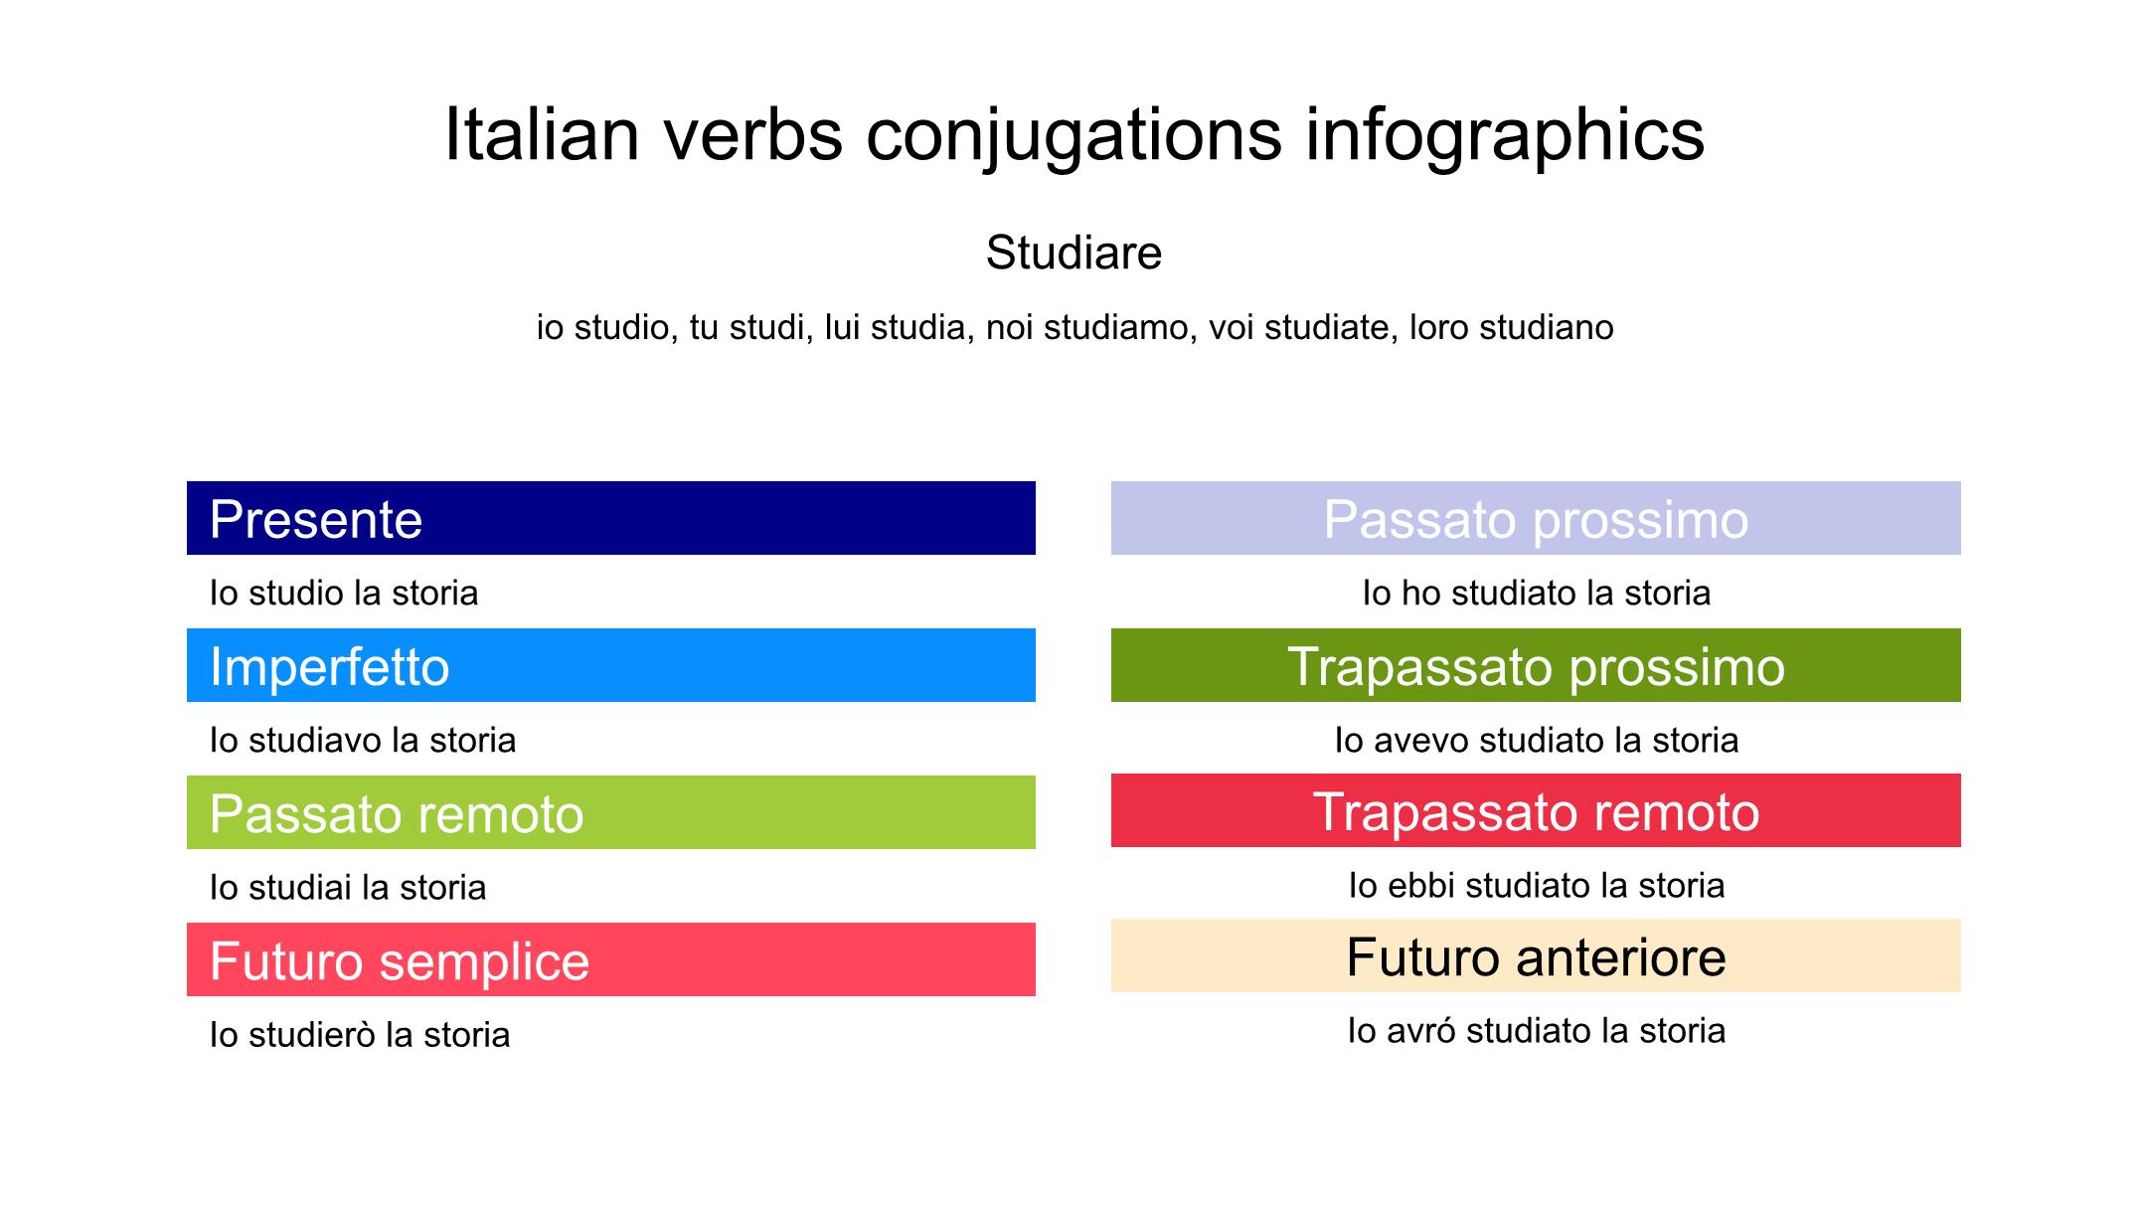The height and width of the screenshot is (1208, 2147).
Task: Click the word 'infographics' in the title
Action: [x=1505, y=135]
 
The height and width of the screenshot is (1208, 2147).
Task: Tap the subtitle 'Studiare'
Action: [x=1073, y=253]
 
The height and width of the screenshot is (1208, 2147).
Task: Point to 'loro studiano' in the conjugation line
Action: [x=1511, y=327]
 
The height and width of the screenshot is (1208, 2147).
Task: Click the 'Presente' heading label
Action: [x=316, y=519]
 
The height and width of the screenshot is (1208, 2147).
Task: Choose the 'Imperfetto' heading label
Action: [x=329, y=666]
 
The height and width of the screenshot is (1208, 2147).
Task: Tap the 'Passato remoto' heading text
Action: [x=397, y=813]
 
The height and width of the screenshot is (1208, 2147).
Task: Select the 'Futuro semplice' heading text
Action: [x=400, y=961]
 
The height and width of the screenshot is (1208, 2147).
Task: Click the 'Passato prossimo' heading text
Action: [x=1536, y=519]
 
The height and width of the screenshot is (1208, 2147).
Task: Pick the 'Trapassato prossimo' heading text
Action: [x=1536, y=666]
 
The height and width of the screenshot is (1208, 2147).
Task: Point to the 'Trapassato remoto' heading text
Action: [x=1536, y=811]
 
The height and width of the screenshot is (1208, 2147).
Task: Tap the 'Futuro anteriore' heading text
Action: [x=1536, y=957]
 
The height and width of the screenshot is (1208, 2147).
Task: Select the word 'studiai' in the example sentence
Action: [x=293, y=887]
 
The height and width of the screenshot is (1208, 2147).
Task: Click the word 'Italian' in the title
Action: [x=542, y=135]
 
